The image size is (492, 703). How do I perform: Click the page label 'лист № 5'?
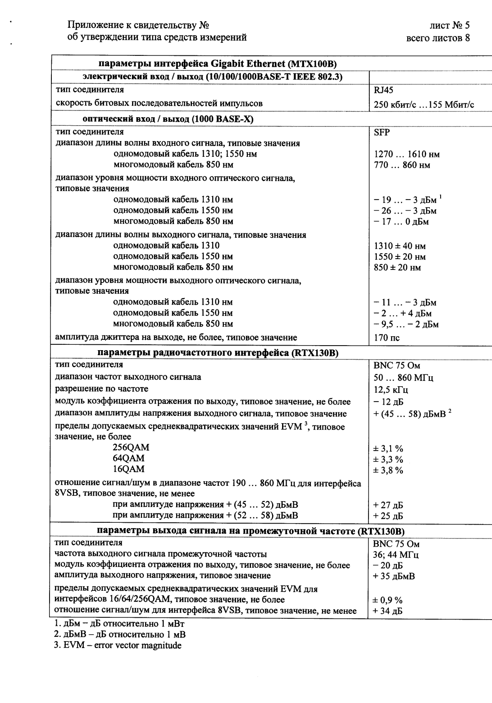[x=449, y=26]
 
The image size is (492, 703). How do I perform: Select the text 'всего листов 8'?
[x=438, y=38]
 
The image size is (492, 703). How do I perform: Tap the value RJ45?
[x=383, y=90]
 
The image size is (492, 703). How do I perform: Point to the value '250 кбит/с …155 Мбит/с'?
[x=424, y=105]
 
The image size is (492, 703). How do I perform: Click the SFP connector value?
[x=382, y=132]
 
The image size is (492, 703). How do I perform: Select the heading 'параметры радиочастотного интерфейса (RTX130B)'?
[x=218, y=353]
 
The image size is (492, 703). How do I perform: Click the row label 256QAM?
[x=131, y=448]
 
